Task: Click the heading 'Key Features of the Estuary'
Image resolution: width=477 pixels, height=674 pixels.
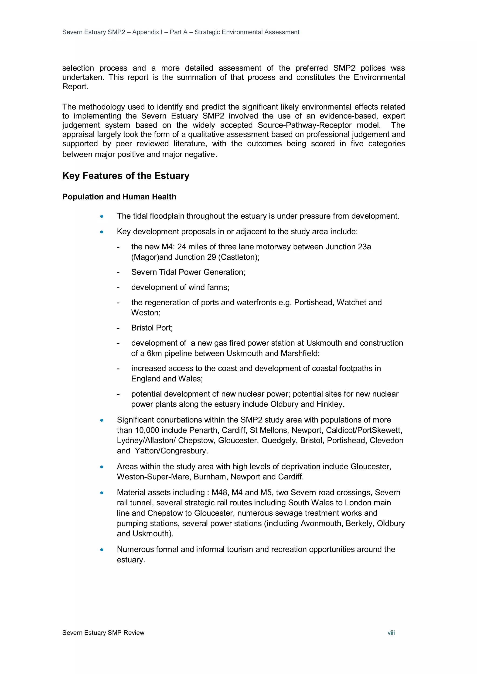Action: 126,176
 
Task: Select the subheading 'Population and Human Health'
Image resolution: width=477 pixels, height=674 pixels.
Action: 119,197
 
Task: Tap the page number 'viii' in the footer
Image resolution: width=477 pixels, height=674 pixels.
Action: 391,633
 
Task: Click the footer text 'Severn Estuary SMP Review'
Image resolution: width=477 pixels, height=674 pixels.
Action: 103,633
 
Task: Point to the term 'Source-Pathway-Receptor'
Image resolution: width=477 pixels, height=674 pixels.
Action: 304,125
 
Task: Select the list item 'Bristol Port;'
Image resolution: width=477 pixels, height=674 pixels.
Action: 152,328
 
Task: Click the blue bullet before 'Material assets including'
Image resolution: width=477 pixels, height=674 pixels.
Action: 102,493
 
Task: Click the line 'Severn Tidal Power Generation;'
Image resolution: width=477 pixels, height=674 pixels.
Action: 188,272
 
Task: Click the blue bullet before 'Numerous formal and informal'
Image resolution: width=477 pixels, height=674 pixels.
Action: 102,550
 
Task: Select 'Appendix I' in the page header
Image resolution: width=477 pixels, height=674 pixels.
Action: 146,32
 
